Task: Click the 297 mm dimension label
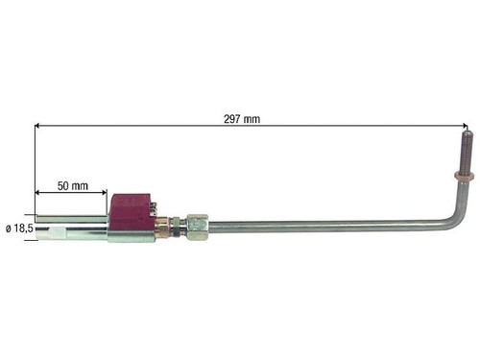pos(242,119)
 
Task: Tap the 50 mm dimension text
pos(73,185)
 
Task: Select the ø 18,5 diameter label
pos(19,228)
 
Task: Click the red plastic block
pos(132,212)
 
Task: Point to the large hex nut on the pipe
pos(197,228)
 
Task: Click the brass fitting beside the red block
pos(164,227)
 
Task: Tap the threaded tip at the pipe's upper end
pos(466,152)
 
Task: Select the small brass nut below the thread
pos(463,177)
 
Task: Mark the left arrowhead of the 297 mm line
pos(36,126)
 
